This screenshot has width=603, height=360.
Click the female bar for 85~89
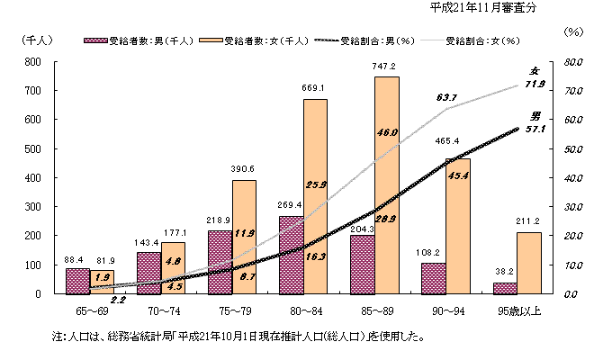point(386,184)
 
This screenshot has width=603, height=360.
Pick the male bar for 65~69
point(78,281)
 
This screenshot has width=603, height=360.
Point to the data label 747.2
point(386,67)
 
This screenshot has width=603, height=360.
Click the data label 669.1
point(314,89)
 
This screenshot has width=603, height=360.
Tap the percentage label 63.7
point(447,96)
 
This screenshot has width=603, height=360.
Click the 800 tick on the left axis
point(32,61)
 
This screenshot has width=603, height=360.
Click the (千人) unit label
point(34,40)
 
